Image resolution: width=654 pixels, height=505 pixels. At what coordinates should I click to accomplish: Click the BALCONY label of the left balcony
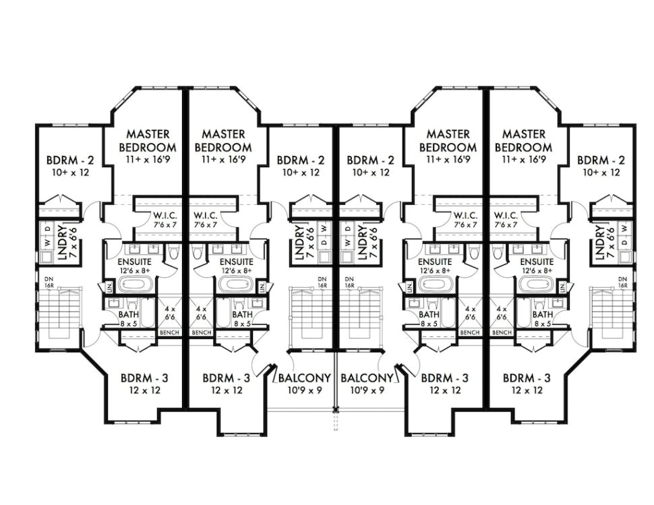[x=305, y=378]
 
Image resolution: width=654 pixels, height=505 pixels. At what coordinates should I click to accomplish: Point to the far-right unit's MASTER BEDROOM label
[x=523, y=141]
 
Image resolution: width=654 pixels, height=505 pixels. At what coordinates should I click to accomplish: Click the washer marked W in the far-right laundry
[x=624, y=227]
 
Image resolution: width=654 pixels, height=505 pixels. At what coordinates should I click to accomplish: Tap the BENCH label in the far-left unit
[x=169, y=332]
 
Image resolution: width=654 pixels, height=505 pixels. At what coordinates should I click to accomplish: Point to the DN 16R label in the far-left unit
[x=48, y=283]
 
